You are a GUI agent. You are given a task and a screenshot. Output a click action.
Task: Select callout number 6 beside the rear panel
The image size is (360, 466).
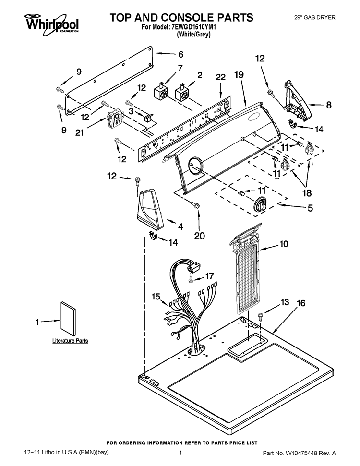(181, 54)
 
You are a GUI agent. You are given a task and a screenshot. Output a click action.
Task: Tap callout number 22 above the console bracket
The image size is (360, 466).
(221, 77)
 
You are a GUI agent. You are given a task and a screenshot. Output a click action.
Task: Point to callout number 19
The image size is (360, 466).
(239, 74)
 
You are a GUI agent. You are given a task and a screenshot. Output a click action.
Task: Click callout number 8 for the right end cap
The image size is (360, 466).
(328, 105)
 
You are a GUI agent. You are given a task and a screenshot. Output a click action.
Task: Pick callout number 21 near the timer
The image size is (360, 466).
(79, 132)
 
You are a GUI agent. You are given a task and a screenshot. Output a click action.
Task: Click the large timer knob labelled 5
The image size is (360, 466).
(261, 204)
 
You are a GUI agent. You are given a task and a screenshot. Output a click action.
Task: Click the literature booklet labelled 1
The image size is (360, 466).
(68, 319)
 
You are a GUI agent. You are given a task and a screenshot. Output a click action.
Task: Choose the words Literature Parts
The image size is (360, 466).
(70, 341)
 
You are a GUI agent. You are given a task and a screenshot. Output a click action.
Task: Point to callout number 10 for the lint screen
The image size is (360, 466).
(284, 244)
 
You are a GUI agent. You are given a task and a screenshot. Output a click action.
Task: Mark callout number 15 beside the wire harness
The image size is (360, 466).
(156, 297)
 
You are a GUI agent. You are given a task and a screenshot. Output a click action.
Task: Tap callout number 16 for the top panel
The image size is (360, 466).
(301, 303)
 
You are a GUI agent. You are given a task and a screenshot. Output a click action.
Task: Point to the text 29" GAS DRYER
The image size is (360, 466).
(315, 18)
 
